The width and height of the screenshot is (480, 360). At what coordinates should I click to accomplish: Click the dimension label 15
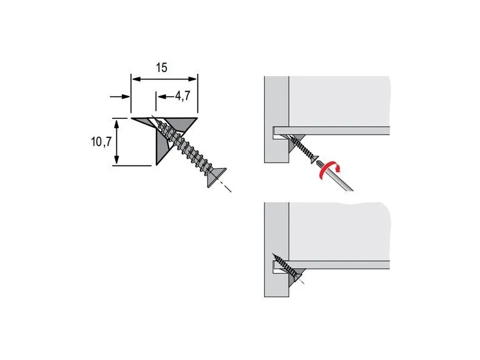(161, 68)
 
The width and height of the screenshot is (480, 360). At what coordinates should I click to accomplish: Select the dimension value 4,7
(182, 96)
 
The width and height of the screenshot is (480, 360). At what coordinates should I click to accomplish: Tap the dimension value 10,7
(101, 142)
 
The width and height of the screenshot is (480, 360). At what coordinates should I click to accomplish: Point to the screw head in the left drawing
(217, 178)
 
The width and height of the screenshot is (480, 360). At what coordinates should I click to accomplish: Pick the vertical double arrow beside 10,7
(116, 142)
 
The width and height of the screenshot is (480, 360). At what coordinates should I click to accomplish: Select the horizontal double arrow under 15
(164, 79)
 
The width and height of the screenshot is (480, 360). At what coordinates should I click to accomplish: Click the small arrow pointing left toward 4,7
(166, 97)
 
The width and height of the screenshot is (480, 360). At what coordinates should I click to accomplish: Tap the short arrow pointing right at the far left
(120, 97)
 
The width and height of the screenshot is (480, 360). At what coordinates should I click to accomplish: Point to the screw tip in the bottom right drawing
(274, 254)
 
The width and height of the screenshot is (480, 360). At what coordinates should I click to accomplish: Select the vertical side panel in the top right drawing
(277, 119)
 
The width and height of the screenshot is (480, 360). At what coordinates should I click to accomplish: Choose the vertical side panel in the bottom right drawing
(277, 250)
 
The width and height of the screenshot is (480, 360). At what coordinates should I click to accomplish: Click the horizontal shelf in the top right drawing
(332, 131)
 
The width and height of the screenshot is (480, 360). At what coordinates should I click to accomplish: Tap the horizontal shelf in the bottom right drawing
(332, 265)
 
